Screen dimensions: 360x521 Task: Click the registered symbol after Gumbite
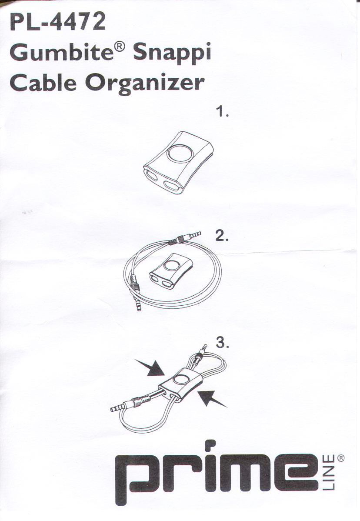pos(120,47)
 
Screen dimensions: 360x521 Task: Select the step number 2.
pos(221,235)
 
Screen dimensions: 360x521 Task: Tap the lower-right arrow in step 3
pos(212,398)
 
